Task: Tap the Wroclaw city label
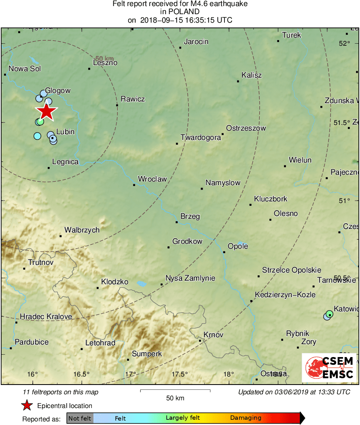(x=152, y=179)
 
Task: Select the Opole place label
(x=238, y=246)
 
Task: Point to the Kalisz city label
(x=252, y=75)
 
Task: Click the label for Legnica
(x=65, y=162)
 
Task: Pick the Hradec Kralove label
(x=46, y=317)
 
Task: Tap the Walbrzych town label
(x=82, y=230)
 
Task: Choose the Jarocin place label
(x=196, y=42)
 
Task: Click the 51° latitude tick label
(x=344, y=201)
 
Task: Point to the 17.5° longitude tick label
(x=179, y=374)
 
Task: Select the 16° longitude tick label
(x=33, y=374)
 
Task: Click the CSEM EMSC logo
(x=329, y=368)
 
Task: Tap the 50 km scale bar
(x=175, y=391)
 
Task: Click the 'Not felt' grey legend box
(x=80, y=418)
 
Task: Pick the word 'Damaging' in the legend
(x=246, y=418)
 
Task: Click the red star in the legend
(x=27, y=406)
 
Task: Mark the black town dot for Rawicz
(x=117, y=105)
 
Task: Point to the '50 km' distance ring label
(x=104, y=59)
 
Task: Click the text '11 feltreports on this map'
(x=61, y=392)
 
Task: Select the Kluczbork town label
(x=271, y=199)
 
